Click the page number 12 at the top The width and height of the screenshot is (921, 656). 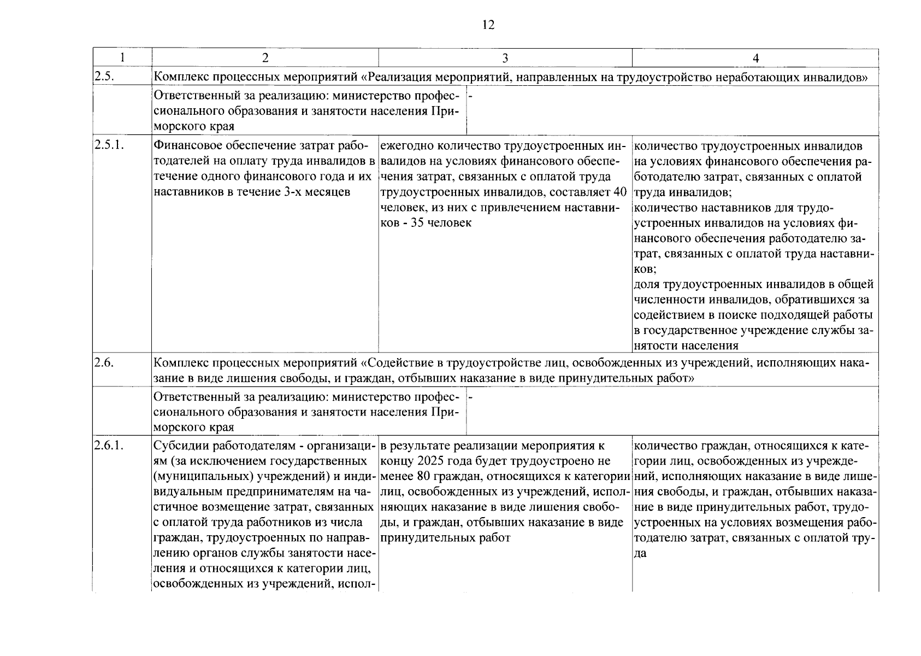pos(488,25)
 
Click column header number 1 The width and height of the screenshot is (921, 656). pos(122,58)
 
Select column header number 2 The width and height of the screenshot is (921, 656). pos(265,58)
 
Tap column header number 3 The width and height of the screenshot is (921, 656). pos(505,58)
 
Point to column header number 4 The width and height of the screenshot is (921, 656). pos(755,58)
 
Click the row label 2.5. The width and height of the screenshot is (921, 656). pos(104,77)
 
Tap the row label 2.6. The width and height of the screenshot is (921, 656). pos(104,362)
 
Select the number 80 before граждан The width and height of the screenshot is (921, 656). pos(423,477)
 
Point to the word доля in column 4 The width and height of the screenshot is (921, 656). pos(647,284)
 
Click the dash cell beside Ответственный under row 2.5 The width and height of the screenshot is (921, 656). pos(470,96)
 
